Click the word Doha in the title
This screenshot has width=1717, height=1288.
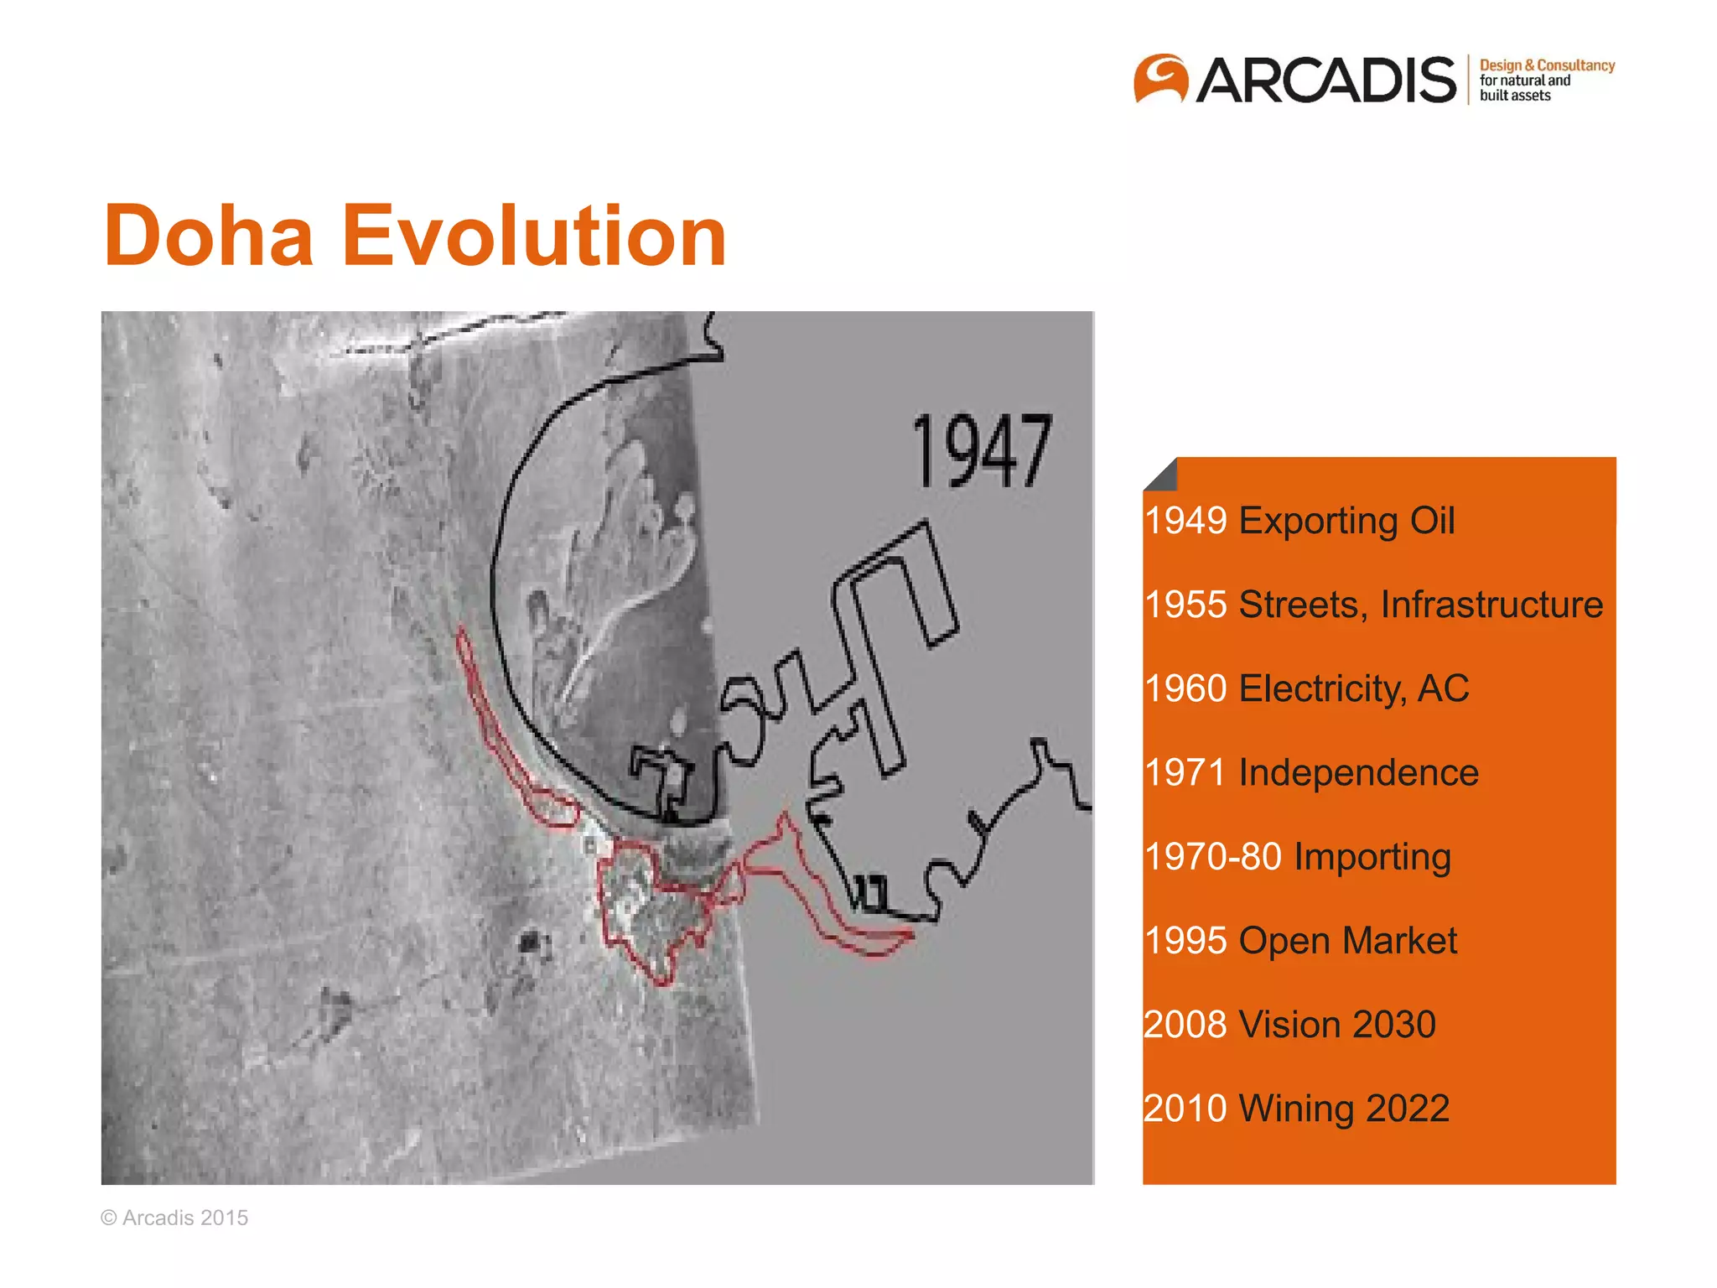click(x=208, y=236)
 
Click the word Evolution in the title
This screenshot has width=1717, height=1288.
click(x=534, y=236)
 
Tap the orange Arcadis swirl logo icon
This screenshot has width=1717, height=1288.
click(x=1160, y=79)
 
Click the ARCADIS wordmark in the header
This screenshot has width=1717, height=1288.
click(x=1326, y=80)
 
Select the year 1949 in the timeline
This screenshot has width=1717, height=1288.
click(x=1185, y=521)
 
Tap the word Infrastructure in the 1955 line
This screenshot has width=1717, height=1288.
click(x=1491, y=605)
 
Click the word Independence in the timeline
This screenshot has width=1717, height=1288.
click(x=1358, y=772)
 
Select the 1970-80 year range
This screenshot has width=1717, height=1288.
click(x=1213, y=857)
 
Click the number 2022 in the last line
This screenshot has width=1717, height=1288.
click(x=1408, y=1109)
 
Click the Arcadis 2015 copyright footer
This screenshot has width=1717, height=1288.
click(x=174, y=1218)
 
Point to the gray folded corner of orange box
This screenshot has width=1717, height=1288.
click(x=1164, y=476)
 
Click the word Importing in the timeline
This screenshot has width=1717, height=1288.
click(x=1372, y=857)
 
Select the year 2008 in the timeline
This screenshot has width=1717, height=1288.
click(x=1185, y=1025)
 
